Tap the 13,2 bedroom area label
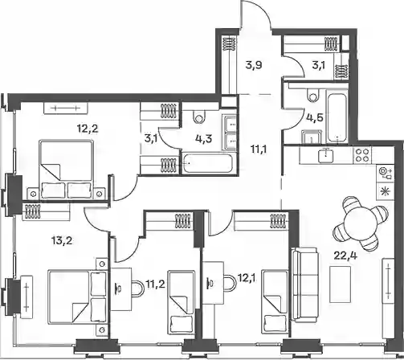(61, 241)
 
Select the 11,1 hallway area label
(259, 149)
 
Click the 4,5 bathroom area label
(315, 117)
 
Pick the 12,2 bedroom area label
(88, 129)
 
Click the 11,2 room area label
(155, 284)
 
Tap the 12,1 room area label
(247, 279)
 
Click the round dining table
(360, 223)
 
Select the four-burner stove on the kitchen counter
(362, 156)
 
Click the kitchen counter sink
(326, 155)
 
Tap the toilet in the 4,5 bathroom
(313, 94)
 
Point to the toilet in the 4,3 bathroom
(199, 117)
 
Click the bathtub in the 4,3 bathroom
(207, 162)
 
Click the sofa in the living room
(305, 284)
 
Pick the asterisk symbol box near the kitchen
(386, 191)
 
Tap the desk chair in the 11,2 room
(138, 288)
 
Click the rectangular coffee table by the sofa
(340, 284)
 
